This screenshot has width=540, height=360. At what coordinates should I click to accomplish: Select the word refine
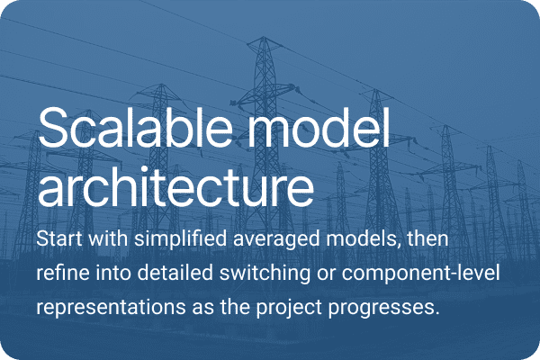[61, 274]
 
